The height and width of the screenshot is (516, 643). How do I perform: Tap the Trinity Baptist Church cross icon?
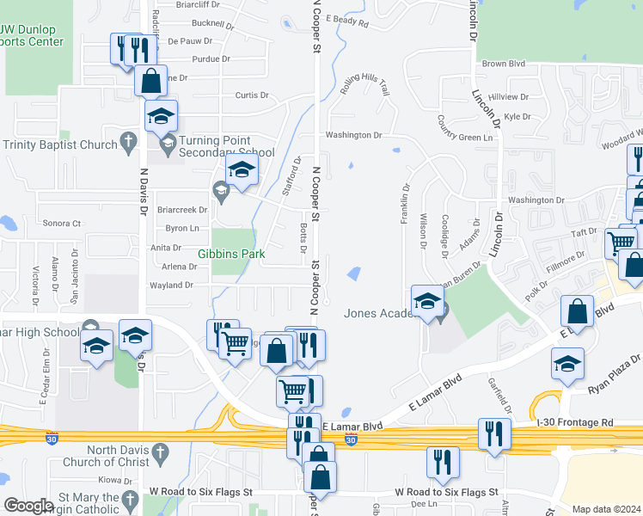128,140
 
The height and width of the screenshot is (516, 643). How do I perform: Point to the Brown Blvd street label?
504,64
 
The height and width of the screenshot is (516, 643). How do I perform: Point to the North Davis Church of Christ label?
106,456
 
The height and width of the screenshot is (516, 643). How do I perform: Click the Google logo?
28,506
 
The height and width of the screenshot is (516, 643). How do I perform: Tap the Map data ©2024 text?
606,509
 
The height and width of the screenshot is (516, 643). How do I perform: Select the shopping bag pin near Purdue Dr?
150,81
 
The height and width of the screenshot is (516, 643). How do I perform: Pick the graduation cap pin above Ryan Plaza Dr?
567,363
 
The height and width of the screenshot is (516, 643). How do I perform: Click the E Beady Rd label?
347,19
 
